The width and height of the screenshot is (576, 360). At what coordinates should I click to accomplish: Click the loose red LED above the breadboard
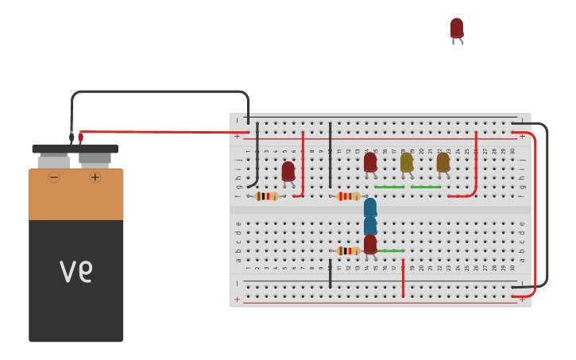coord(456,29)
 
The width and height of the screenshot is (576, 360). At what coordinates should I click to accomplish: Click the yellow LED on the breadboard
coord(406,162)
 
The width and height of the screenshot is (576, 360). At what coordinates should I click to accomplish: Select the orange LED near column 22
coord(443,162)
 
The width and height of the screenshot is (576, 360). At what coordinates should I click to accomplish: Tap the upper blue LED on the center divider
coord(370,208)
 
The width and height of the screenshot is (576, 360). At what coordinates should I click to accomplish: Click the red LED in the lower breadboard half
coord(370,244)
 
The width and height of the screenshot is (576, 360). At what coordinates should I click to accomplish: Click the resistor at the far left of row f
coord(266,196)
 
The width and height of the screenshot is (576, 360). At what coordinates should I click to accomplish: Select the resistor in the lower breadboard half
coord(348,251)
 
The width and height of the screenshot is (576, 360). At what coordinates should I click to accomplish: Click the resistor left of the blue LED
coord(348,196)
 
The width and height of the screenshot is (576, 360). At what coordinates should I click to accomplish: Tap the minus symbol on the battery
coord(54,177)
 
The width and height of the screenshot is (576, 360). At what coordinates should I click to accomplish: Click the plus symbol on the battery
coord(95,177)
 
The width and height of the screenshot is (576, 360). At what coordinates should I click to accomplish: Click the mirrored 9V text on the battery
coord(76,272)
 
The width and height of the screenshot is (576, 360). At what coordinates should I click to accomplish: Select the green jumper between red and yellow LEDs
coord(389,188)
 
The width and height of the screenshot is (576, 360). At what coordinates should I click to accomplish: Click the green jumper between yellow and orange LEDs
coord(426,188)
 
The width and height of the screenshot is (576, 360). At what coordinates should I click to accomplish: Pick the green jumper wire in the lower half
coord(391,251)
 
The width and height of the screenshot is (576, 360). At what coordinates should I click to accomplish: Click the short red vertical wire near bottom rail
coord(403,278)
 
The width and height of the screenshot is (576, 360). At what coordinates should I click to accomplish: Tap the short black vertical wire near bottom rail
coord(331,273)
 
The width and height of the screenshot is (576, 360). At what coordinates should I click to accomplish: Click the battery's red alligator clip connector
coord(80,137)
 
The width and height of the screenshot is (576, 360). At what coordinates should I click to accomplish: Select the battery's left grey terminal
coord(53,161)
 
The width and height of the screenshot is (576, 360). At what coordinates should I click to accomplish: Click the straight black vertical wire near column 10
coord(331,155)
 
